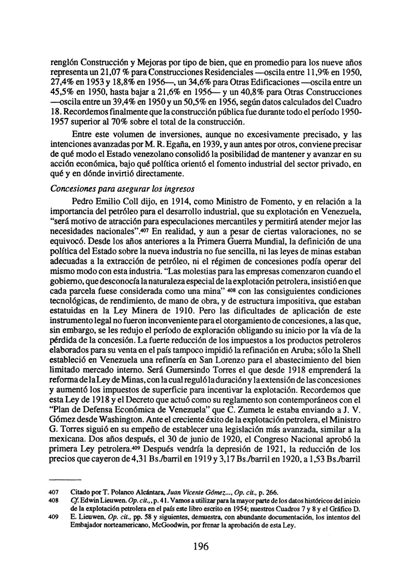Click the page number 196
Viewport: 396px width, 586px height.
point(200,560)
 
